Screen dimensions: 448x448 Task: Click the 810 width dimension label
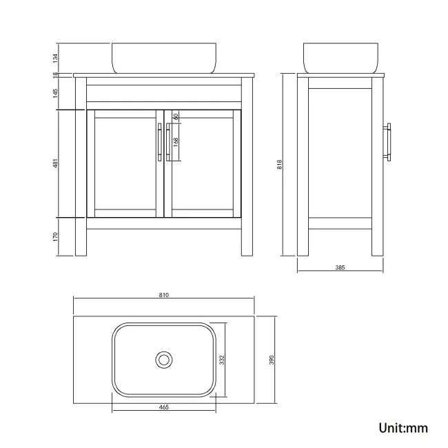pyautogui.click(x=164, y=295)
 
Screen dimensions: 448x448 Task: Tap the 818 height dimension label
pyautogui.click(x=279, y=164)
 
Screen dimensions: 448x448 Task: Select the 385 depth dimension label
pyautogui.click(x=339, y=266)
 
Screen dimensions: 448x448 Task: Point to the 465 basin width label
pyautogui.click(x=164, y=407)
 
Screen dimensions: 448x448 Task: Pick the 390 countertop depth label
pyautogui.click(x=272, y=360)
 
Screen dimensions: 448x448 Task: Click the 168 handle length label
pyautogui.click(x=176, y=142)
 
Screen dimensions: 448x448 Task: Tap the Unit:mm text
pyautogui.click(x=403, y=428)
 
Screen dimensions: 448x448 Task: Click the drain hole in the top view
pyautogui.click(x=163, y=359)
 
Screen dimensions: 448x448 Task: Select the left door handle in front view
pyautogui.click(x=159, y=143)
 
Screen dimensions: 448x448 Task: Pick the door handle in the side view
pyautogui.click(x=389, y=143)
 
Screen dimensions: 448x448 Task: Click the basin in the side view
pyautogui.click(x=341, y=58)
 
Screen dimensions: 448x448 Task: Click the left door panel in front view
pyautogui.click(x=124, y=163)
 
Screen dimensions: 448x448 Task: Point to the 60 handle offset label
pyautogui.click(x=176, y=116)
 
